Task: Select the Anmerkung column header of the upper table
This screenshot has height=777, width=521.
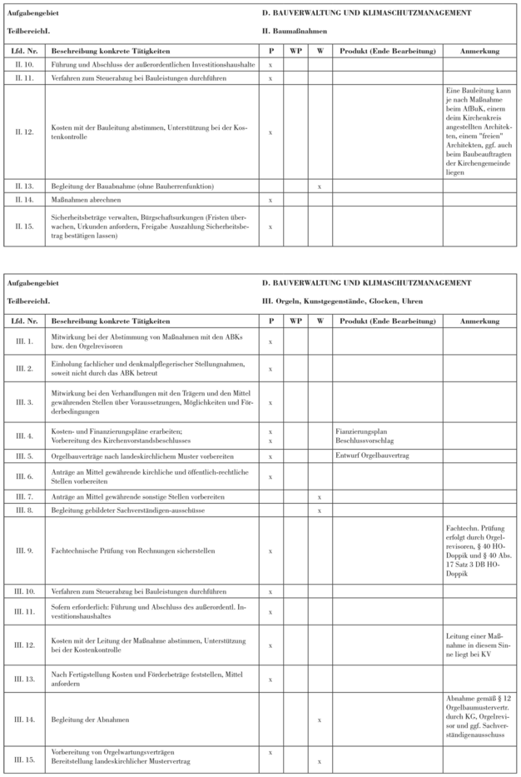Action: click(x=480, y=51)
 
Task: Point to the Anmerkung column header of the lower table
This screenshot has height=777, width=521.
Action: click(x=480, y=320)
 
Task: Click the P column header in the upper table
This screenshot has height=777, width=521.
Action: click(x=270, y=51)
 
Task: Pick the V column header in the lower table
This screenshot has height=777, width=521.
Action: click(x=320, y=320)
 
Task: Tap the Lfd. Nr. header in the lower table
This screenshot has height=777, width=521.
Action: click(x=22, y=320)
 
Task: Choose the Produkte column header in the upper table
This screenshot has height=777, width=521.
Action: click(x=388, y=51)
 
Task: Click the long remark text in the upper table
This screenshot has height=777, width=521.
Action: click(x=480, y=130)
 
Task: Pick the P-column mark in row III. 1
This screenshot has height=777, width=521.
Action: click(x=270, y=341)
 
